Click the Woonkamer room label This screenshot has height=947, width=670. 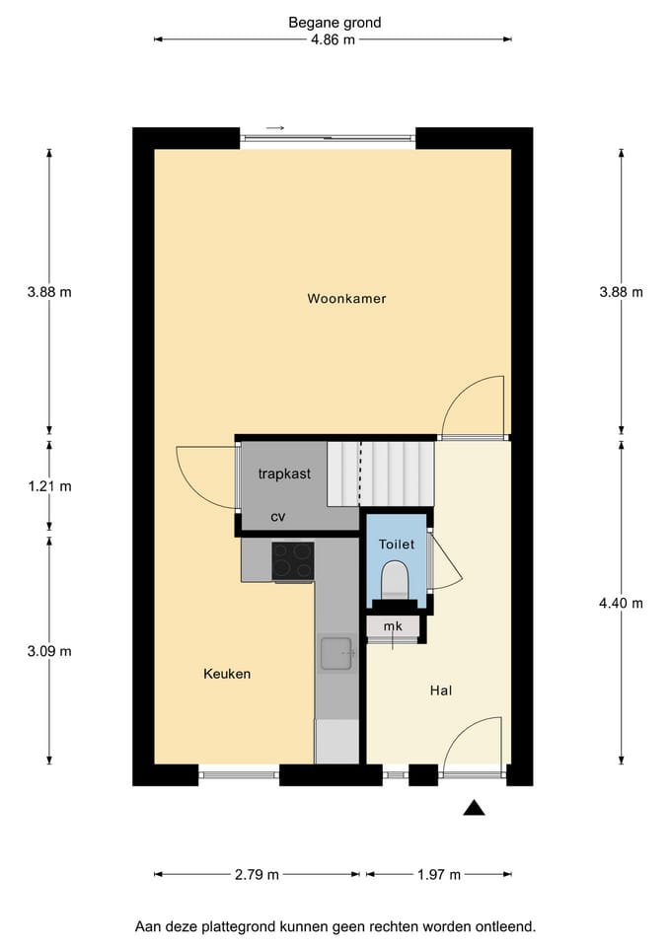tap(346, 298)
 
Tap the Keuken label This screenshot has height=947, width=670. tap(227, 674)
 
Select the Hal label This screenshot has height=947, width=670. tap(441, 691)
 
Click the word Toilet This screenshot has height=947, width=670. tap(397, 545)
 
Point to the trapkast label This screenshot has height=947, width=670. tap(284, 474)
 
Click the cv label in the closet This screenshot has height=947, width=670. tap(278, 517)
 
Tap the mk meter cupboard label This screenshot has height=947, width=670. tap(393, 626)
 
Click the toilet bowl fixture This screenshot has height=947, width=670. tap(395, 580)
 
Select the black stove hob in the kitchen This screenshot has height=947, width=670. tap(293, 561)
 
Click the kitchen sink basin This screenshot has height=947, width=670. tap(335, 653)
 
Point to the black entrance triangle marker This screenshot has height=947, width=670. tap(475, 808)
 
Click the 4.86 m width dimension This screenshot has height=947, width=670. tap(333, 39)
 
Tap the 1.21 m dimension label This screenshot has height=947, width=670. tap(49, 486)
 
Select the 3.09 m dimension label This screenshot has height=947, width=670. tap(49, 651)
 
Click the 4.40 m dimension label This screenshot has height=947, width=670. tap(621, 603)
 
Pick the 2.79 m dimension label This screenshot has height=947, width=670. tap(257, 875)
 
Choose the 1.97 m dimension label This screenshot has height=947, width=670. tap(439, 875)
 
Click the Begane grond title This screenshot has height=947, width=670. tap(335, 23)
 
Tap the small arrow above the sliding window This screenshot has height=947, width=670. tap(275, 128)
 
